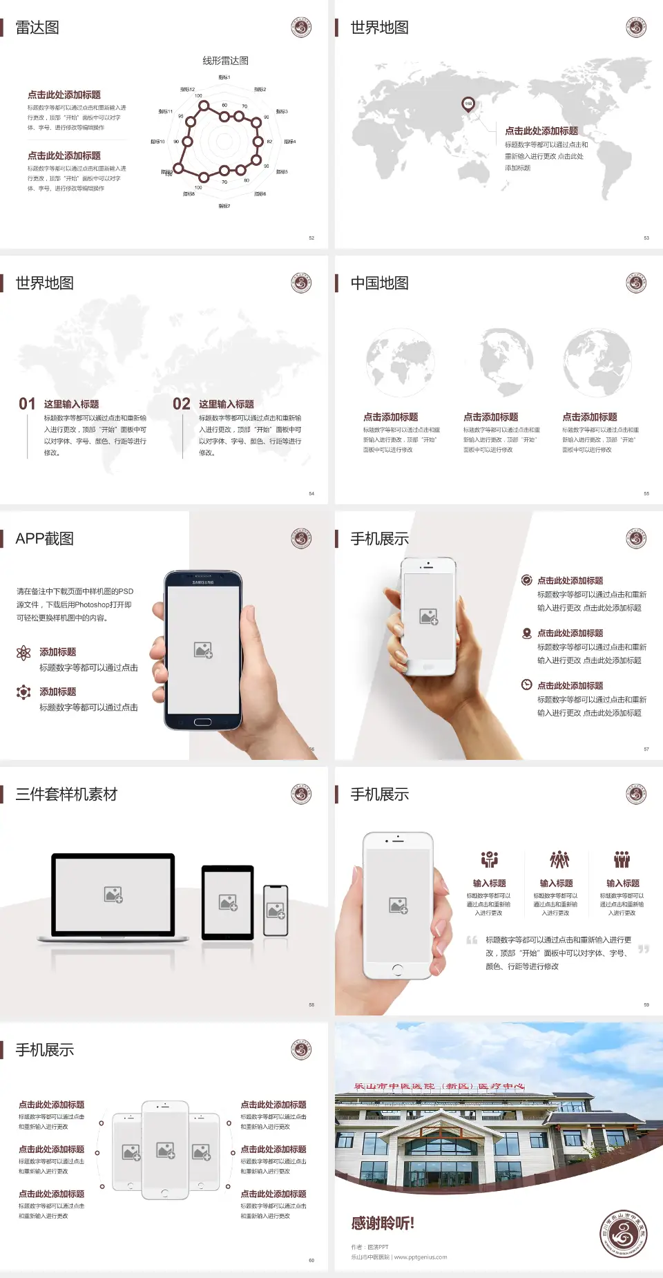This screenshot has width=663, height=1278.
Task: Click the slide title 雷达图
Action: [x=37, y=28]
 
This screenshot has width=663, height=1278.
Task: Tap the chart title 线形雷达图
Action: [x=225, y=61]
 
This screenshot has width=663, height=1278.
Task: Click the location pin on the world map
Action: [x=468, y=104]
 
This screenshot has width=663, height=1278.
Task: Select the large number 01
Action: [x=27, y=404]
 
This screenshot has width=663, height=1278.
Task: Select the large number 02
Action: [x=182, y=404]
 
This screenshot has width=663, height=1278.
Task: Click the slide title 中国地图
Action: [x=379, y=283]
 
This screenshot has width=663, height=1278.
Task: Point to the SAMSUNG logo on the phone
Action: [x=203, y=582]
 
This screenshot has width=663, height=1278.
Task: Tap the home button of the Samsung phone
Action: [x=202, y=722]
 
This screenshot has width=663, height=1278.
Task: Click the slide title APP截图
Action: [x=44, y=539]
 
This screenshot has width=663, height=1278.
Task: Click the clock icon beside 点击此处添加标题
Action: [x=526, y=685]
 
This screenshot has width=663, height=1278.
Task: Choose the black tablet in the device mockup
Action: [x=227, y=902]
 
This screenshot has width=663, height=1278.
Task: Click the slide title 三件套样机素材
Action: [x=66, y=794]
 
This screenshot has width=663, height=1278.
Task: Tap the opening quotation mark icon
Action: [x=472, y=940]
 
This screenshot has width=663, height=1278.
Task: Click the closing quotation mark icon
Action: [x=644, y=949]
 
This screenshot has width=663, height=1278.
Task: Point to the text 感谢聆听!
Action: [x=383, y=1223]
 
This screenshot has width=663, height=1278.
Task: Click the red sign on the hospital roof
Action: [x=439, y=1086]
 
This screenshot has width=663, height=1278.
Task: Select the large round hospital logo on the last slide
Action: [x=623, y=1234]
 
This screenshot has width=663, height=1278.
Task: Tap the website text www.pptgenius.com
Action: [x=421, y=1257]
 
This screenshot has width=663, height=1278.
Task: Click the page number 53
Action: [x=646, y=238]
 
